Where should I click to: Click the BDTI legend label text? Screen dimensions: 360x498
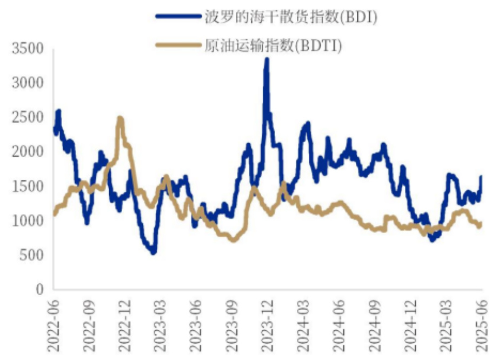273,45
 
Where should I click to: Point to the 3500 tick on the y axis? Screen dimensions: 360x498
27,49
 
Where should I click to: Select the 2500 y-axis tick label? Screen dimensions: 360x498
27,117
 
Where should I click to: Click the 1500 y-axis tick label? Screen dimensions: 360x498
27,186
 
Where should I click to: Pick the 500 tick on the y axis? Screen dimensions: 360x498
31,255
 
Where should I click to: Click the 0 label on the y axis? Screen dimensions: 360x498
39,289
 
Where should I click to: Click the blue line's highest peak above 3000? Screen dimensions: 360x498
267,59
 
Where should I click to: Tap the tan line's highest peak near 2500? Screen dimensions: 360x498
120,118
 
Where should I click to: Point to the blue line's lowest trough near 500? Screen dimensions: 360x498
154,252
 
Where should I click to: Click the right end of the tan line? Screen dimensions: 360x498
480,224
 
